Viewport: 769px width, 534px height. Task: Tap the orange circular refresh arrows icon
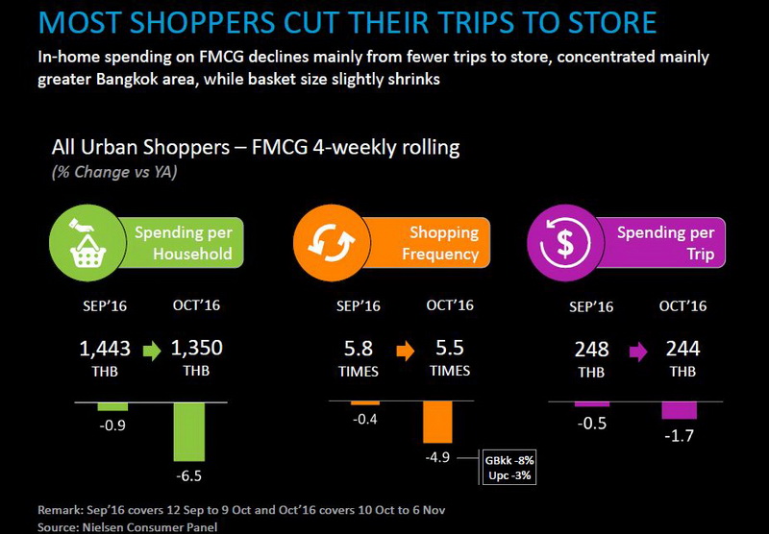pyautogui.click(x=331, y=243)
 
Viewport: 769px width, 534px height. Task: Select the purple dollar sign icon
pyautogui.click(x=565, y=243)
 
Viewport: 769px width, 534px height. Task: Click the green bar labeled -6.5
pyautogui.click(x=189, y=431)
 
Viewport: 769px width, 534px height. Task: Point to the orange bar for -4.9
pyautogui.click(x=437, y=423)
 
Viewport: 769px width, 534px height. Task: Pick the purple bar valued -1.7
pyautogui.click(x=680, y=410)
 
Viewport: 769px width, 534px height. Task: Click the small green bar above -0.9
pyautogui.click(x=112, y=406)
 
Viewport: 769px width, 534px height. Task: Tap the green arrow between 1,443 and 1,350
pyautogui.click(x=152, y=351)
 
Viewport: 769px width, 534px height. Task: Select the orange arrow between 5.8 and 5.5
pyautogui.click(x=406, y=351)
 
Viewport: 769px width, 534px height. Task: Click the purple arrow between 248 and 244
pyautogui.click(x=638, y=352)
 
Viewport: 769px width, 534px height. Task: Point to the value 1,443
pyautogui.click(x=105, y=349)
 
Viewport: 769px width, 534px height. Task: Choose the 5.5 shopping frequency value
pyautogui.click(x=450, y=348)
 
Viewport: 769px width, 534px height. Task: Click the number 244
pyautogui.click(x=682, y=349)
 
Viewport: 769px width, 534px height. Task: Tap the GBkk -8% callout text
pyautogui.click(x=509, y=460)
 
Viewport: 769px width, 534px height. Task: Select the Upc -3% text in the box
pyautogui.click(x=509, y=475)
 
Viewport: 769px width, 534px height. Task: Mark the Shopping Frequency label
pyautogui.click(x=440, y=243)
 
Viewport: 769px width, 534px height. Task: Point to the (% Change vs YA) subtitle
pyautogui.click(x=114, y=172)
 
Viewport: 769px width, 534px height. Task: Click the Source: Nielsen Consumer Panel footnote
pyautogui.click(x=128, y=527)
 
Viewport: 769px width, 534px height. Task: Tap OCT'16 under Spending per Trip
pyautogui.click(x=682, y=305)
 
